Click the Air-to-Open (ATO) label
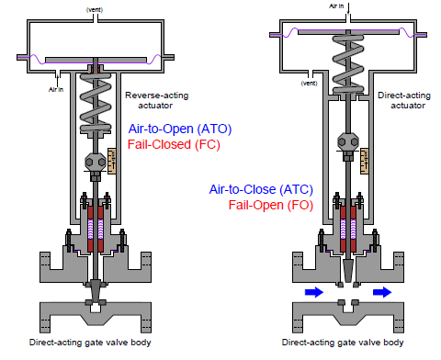click(x=180, y=129)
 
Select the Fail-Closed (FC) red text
click(x=174, y=144)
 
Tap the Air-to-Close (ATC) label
click(x=261, y=189)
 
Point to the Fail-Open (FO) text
click(x=271, y=205)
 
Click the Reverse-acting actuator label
click(x=156, y=100)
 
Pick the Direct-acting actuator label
click(x=404, y=100)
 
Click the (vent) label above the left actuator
click(x=95, y=10)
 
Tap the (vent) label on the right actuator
click(x=309, y=83)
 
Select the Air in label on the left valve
click(x=56, y=89)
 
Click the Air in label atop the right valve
click(x=336, y=6)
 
